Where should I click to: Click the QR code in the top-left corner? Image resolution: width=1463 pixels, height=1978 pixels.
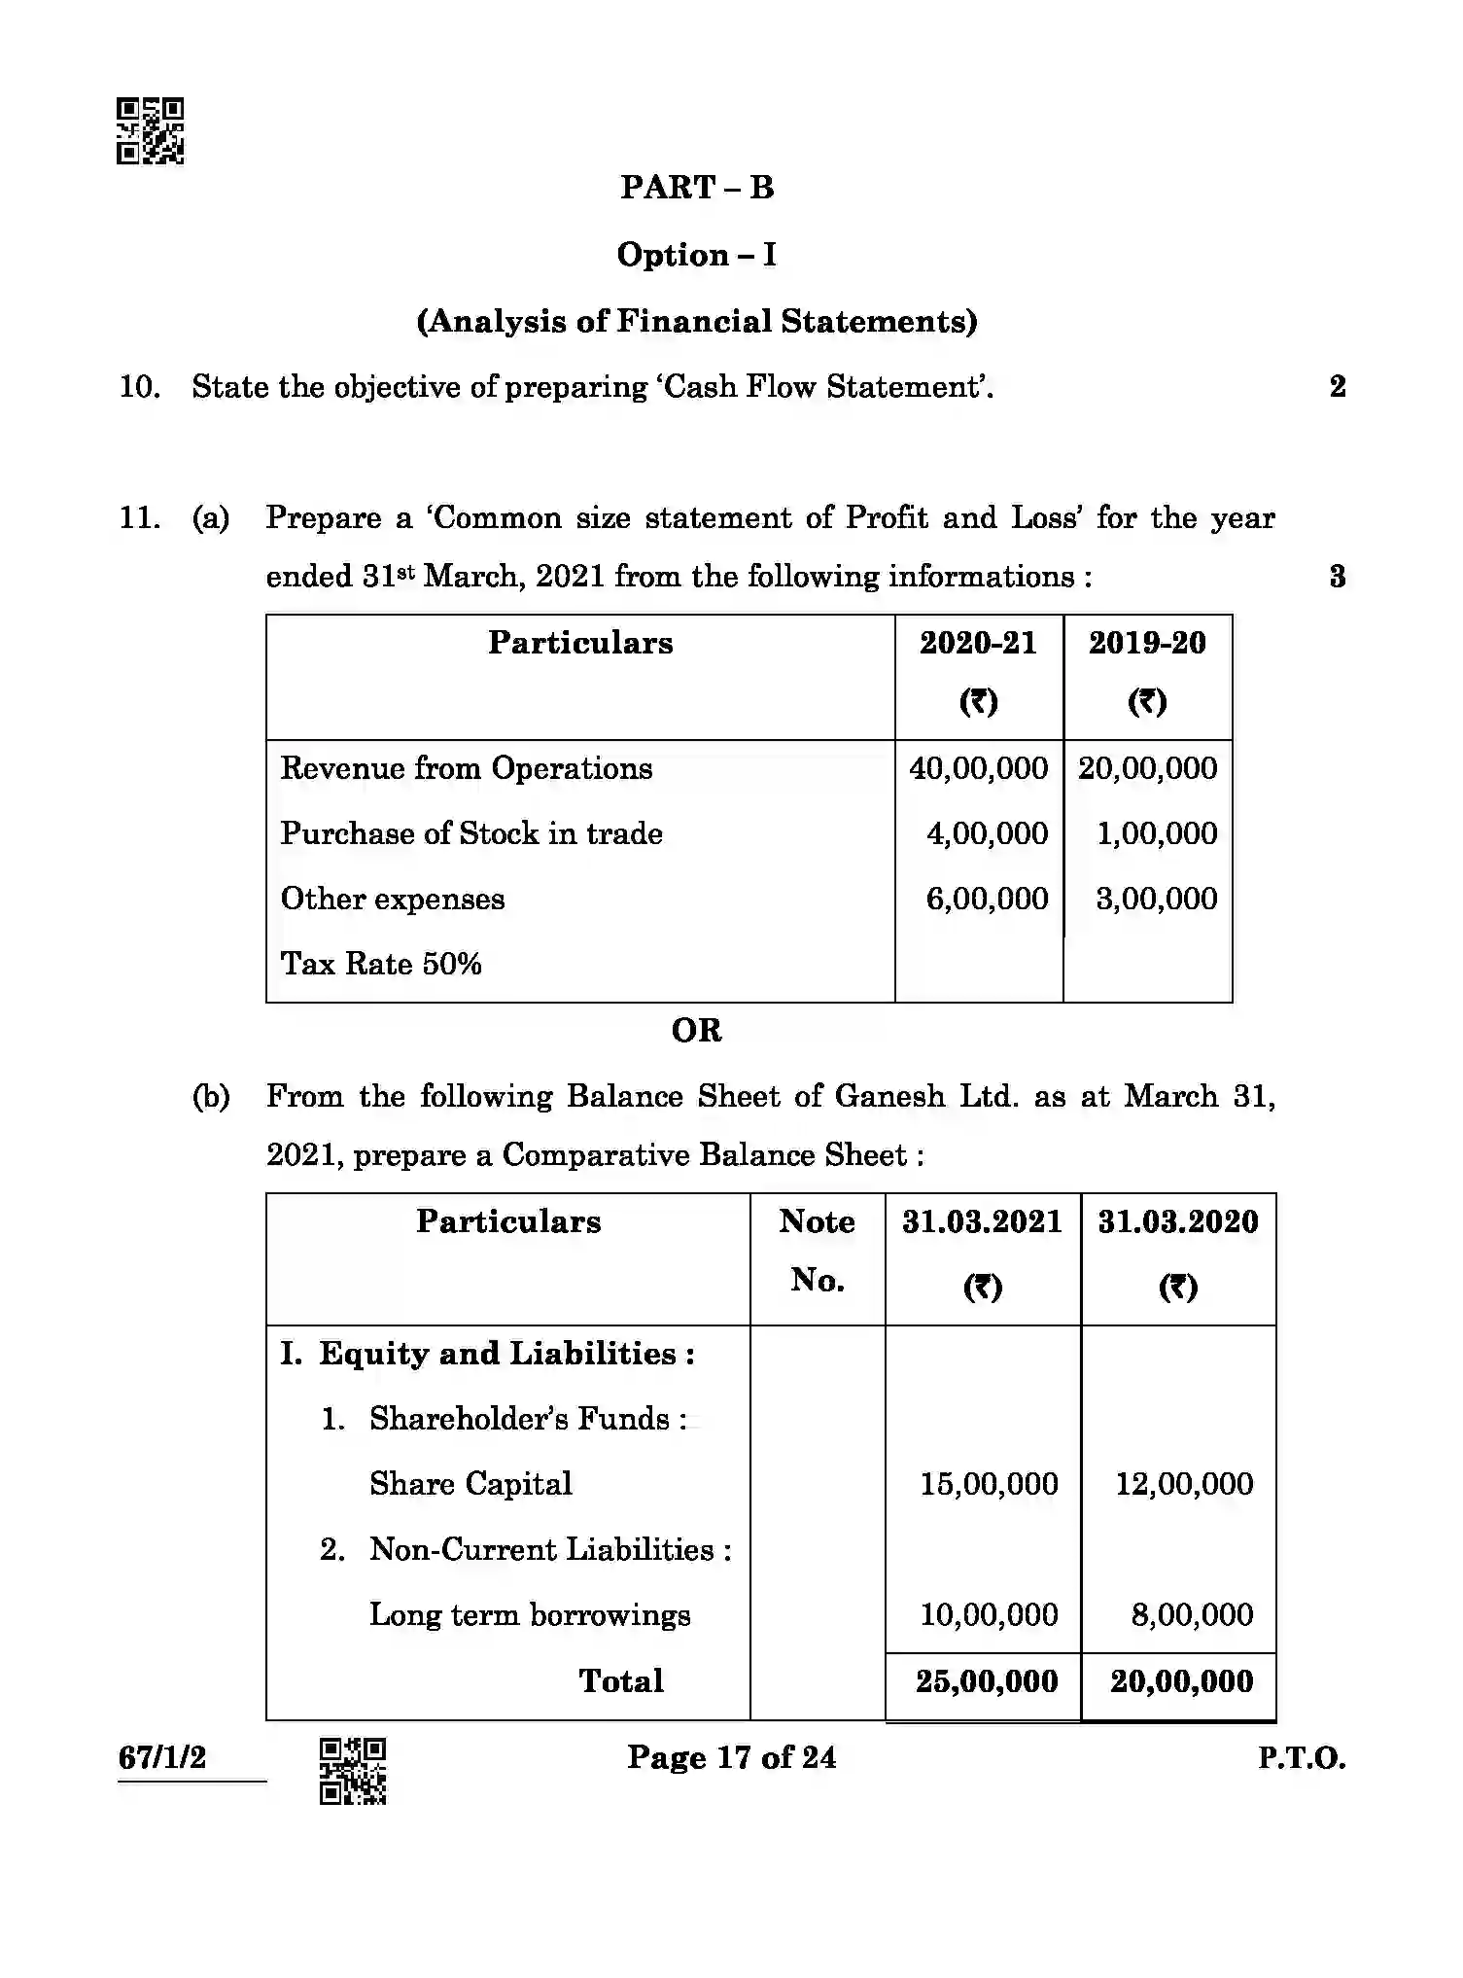(x=151, y=131)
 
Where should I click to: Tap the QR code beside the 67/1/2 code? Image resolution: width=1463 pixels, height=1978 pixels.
(x=353, y=1771)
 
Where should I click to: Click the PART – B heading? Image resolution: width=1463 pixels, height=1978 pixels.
(x=697, y=187)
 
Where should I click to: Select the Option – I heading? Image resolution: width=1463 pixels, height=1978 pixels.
(x=697, y=255)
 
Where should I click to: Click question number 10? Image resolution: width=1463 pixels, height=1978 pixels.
(x=139, y=387)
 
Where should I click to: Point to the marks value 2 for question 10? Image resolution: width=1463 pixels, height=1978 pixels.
(x=1338, y=387)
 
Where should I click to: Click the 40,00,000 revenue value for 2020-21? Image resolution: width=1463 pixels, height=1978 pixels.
(x=978, y=768)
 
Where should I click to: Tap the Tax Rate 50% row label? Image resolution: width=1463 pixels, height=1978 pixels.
(x=381, y=964)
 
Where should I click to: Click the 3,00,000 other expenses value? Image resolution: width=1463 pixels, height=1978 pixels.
(x=1156, y=899)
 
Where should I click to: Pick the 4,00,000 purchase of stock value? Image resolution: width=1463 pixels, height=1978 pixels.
(x=987, y=833)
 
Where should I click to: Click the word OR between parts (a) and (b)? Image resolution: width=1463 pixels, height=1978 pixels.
(x=697, y=1031)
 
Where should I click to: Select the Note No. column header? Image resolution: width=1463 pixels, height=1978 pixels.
(x=817, y=1251)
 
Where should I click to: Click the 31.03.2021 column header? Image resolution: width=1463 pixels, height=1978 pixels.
(x=982, y=1222)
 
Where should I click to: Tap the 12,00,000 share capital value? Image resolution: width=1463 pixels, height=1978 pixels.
(x=1184, y=1484)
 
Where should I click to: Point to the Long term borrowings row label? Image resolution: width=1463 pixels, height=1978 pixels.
(x=530, y=1615)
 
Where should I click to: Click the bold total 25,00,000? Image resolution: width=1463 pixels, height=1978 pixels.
(x=986, y=1681)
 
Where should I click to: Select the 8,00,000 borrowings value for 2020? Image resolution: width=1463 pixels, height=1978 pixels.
(x=1192, y=1615)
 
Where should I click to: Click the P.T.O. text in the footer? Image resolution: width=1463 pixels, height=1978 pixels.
(x=1302, y=1758)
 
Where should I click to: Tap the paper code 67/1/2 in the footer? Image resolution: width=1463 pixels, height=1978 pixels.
(x=162, y=1758)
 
